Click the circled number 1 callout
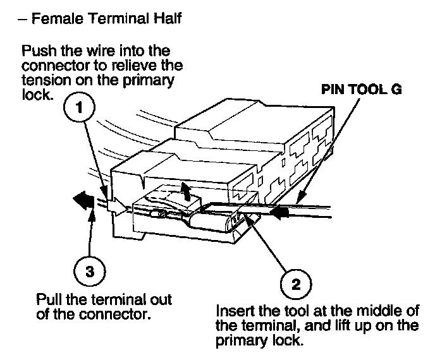point(78,108)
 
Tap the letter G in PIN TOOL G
point(395,90)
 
